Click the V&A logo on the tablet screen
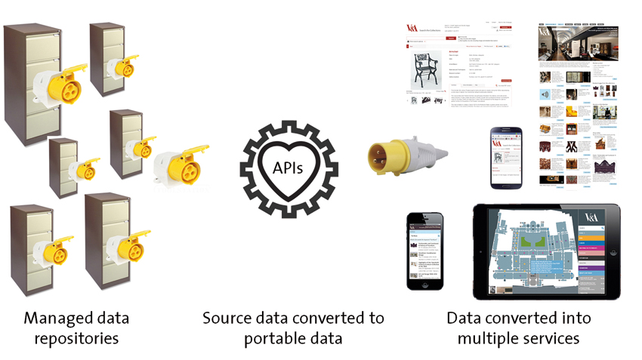(x=590, y=217)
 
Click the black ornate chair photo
(x=426, y=72)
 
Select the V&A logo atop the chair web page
(x=413, y=28)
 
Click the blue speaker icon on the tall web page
(x=543, y=94)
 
